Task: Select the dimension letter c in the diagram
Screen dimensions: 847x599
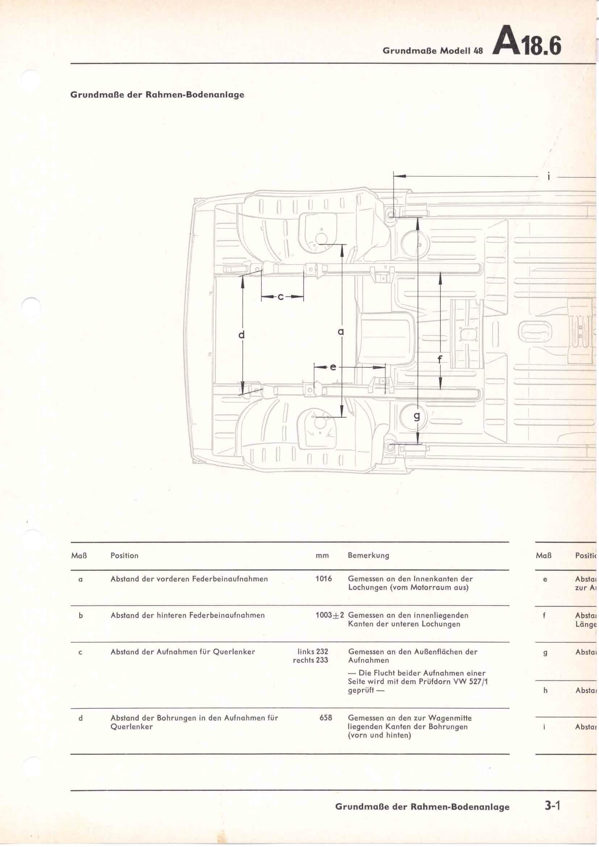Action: click(x=281, y=297)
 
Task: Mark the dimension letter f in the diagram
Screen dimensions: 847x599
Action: click(x=440, y=358)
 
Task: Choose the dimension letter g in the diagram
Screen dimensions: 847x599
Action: click(x=417, y=416)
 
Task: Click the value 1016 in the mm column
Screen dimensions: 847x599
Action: click(x=323, y=579)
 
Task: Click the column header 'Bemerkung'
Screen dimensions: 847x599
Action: click(x=368, y=555)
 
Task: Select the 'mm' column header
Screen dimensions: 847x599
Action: click(x=322, y=555)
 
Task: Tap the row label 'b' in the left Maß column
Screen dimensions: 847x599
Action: click(x=81, y=615)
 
